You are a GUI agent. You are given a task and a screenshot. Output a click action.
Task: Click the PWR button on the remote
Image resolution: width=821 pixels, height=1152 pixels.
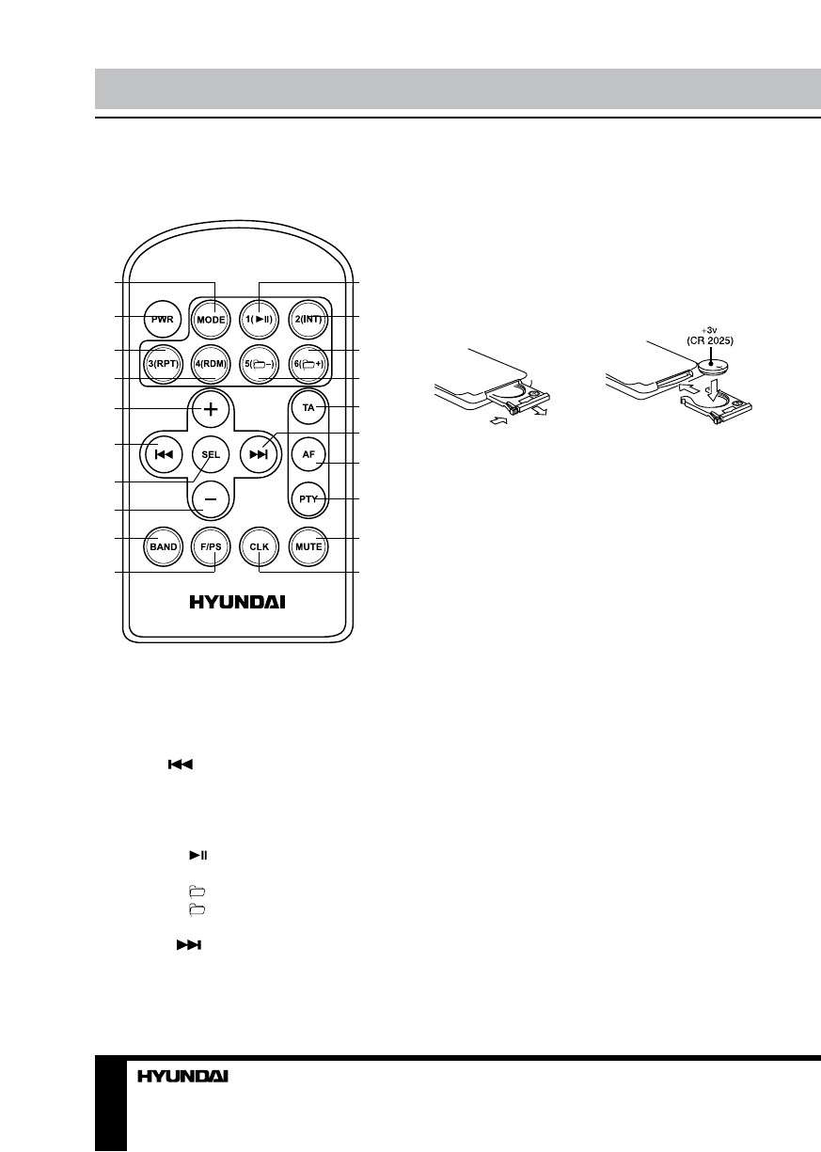coord(159,318)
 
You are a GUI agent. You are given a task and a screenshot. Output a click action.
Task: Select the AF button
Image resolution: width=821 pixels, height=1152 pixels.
coord(308,452)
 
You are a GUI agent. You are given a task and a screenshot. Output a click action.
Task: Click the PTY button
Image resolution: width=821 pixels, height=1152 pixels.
coord(308,497)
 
